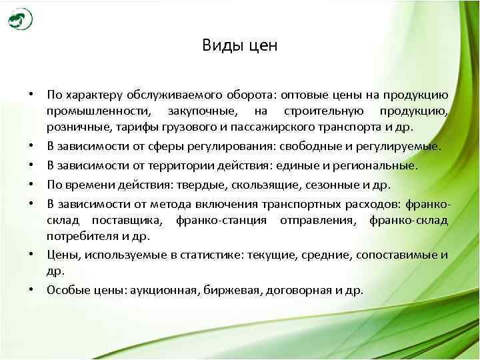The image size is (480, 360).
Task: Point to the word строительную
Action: [320, 111]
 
